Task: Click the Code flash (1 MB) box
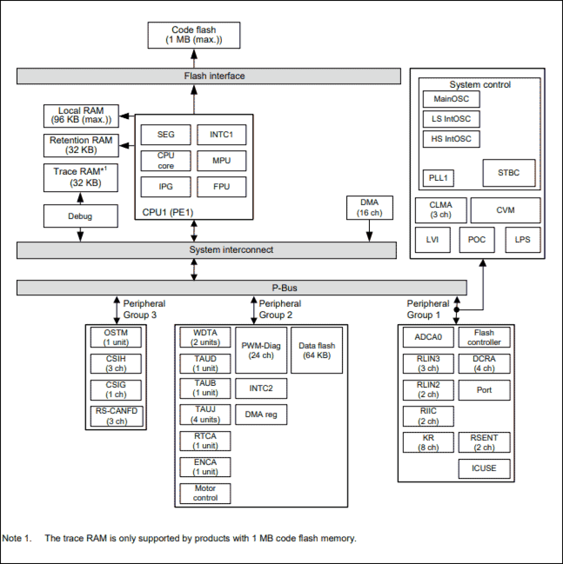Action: (x=194, y=35)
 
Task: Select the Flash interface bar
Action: (x=208, y=76)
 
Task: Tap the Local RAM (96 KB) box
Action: (x=81, y=116)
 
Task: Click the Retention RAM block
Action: (x=81, y=145)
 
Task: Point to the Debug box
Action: (x=81, y=216)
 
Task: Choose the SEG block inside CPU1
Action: (x=166, y=135)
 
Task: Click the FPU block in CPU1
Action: (x=221, y=187)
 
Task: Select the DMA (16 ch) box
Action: (x=369, y=208)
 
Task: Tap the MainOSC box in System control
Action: (x=451, y=99)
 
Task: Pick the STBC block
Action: (x=509, y=173)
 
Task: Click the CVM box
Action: (x=505, y=210)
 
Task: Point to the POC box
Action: (x=476, y=239)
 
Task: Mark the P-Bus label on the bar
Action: (x=286, y=287)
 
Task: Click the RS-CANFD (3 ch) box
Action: (x=117, y=416)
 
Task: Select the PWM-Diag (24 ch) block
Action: (x=261, y=350)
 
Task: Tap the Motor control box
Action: (x=205, y=493)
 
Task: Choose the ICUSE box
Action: (x=484, y=468)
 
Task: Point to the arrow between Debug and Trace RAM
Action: (x=81, y=198)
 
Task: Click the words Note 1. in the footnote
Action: (x=17, y=538)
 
